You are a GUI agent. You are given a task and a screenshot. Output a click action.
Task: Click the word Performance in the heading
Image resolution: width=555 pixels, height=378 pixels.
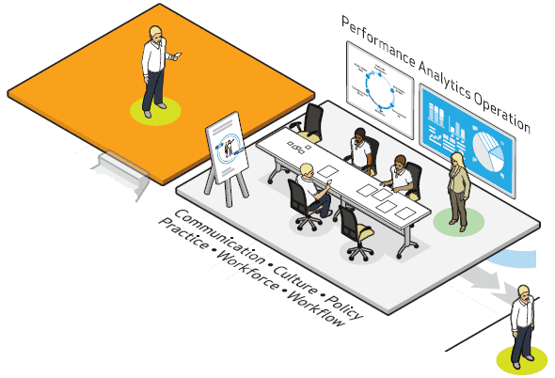click(x=378, y=41)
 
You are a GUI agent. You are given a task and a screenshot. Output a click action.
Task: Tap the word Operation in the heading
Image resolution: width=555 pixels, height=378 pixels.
click(x=501, y=114)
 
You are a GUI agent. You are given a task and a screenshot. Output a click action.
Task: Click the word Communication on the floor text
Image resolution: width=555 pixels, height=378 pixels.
click(x=220, y=236)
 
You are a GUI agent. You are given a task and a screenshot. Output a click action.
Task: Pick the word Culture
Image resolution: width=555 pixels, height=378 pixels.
click(x=294, y=279)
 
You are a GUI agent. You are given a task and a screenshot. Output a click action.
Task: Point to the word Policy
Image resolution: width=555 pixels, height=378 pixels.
click(x=343, y=307)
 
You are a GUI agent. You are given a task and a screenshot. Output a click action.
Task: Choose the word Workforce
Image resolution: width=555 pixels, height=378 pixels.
click(x=247, y=270)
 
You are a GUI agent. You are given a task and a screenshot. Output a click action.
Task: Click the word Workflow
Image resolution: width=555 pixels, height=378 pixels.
click(x=316, y=308)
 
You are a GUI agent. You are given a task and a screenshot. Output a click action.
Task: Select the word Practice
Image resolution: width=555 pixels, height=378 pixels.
click(x=183, y=233)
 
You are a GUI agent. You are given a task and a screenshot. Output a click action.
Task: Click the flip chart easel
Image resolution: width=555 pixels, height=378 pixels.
click(x=228, y=158)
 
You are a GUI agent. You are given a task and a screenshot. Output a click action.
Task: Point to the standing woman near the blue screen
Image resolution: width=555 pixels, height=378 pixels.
click(x=458, y=192)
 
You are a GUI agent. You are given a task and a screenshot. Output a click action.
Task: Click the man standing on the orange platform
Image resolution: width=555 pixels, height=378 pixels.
click(x=154, y=71)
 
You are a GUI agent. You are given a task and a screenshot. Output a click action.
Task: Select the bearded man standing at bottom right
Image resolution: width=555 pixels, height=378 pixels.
click(x=522, y=326)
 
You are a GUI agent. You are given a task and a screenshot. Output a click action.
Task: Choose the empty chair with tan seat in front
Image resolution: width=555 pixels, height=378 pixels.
click(x=357, y=233)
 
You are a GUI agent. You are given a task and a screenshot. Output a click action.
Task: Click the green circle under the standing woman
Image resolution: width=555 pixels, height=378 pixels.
click(x=459, y=222)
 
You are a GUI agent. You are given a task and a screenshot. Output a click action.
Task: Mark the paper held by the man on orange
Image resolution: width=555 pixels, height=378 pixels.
click(x=178, y=55)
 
